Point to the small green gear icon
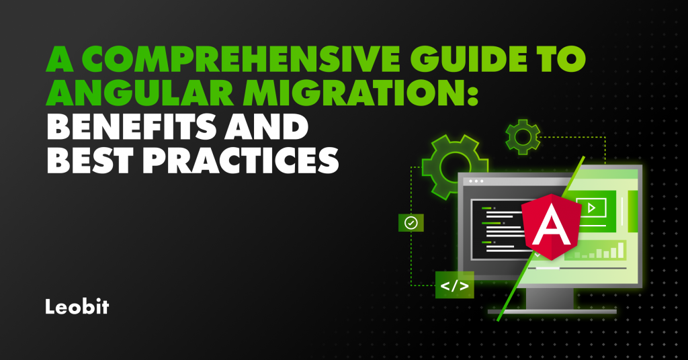[522, 138]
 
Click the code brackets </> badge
[454, 285]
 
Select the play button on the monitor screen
[591, 208]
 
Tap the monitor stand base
[551, 311]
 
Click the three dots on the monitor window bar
[476, 181]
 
